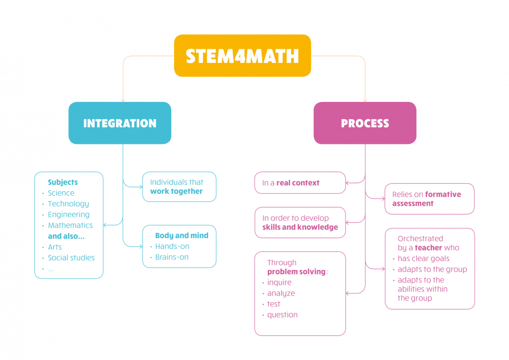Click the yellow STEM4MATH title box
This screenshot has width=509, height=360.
click(x=242, y=56)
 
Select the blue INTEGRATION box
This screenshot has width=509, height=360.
click(x=120, y=123)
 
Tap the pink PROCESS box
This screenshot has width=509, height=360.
click(x=365, y=123)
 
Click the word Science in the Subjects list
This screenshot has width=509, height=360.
click(x=61, y=193)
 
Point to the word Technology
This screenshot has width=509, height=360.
click(x=68, y=204)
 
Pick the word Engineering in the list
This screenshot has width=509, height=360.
click(x=69, y=214)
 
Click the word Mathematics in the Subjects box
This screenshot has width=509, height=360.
click(x=71, y=225)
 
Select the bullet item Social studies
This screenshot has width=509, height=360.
click(x=71, y=258)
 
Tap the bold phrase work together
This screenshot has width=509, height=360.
click(x=176, y=191)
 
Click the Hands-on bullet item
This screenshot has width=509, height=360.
click(x=172, y=246)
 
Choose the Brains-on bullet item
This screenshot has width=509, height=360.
click(x=171, y=257)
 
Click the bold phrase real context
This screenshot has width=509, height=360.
click(x=298, y=183)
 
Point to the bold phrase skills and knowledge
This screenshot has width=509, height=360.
click(x=300, y=227)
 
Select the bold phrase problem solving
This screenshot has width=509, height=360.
click(x=296, y=272)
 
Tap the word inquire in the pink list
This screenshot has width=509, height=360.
click(x=279, y=282)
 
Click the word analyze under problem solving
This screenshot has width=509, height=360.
click(x=281, y=293)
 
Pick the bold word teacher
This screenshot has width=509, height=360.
click(x=428, y=247)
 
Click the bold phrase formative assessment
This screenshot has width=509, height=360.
click(x=426, y=199)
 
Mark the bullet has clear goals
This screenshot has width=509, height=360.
click(x=423, y=258)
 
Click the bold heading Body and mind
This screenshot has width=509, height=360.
click(x=182, y=235)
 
